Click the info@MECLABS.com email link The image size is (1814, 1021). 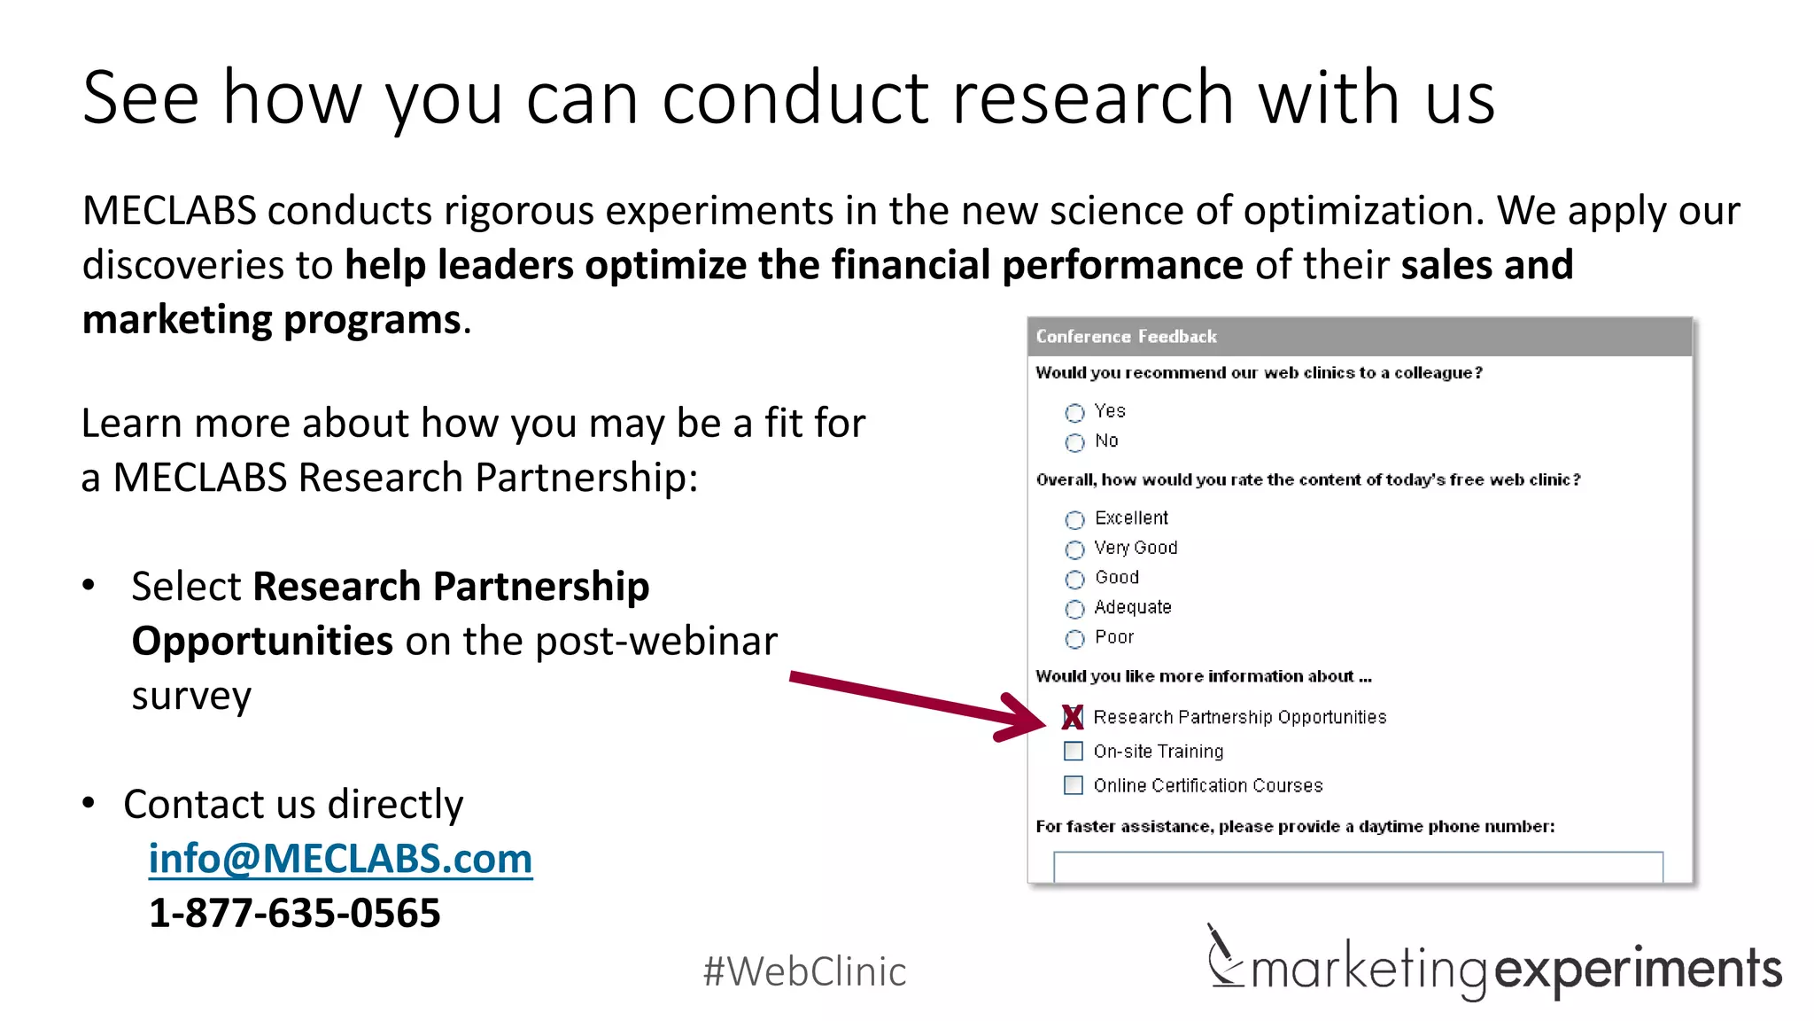[340, 859]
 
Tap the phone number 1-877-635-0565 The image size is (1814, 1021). [294, 913]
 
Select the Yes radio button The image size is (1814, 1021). [1074, 413]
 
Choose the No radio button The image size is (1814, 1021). [1074, 442]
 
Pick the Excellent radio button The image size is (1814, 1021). [1074, 519]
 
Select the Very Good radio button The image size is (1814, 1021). [1074, 549]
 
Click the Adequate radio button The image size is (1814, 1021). [1074, 609]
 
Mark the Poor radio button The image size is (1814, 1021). [1074, 639]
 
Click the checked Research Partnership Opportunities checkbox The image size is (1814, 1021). [1073, 717]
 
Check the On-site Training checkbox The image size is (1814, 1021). [1073, 752]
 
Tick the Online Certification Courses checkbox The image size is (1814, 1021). [1073, 785]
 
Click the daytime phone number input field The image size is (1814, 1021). [1357, 867]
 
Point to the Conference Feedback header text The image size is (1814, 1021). [1126, 337]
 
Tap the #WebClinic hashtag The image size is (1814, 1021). [804, 971]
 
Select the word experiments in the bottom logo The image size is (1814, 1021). [1638, 970]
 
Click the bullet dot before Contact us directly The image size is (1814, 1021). [89, 803]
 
